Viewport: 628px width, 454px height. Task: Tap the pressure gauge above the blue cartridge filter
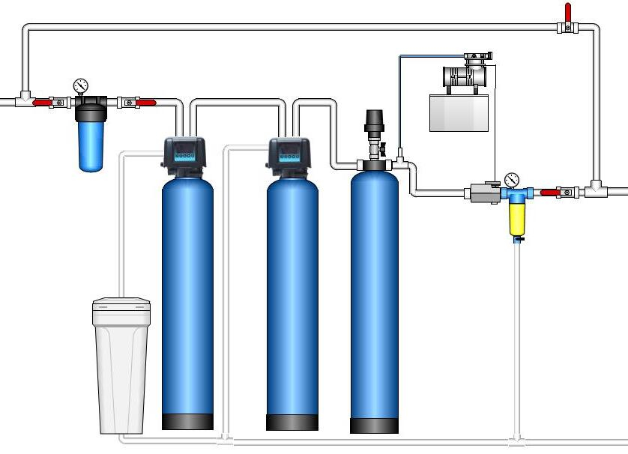point(81,85)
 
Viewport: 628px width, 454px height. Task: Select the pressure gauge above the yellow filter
point(513,180)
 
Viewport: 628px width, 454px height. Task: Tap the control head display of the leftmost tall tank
point(184,156)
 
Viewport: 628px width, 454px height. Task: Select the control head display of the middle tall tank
point(289,156)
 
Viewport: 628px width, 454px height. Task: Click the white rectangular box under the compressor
point(459,112)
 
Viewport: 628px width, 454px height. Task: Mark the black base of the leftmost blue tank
point(187,421)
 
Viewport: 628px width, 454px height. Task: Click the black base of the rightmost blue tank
point(374,426)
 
